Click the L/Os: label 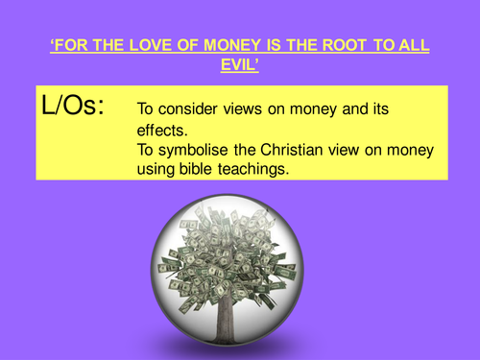click(82, 105)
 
